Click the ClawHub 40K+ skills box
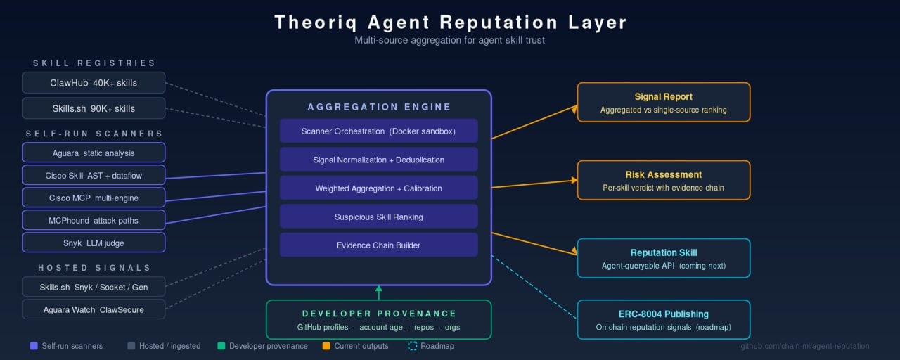pos(94,83)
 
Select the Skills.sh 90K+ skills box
pos(94,108)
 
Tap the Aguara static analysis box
pos(94,153)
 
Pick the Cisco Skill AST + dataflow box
pos(94,175)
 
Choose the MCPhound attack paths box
pos(94,220)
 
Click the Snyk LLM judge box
pos(94,243)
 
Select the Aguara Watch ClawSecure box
pos(94,309)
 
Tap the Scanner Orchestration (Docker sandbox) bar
pos(378,131)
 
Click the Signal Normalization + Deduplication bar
pos(378,160)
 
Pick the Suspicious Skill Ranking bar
pos(378,217)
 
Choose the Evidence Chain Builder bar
pos(378,245)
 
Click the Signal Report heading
pos(663,96)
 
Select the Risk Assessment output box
pos(663,180)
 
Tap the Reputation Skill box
pos(663,258)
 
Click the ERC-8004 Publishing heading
pos(663,314)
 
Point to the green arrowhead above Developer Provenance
pos(378,288)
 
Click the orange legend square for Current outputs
pos(326,346)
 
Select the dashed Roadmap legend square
pos(412,346)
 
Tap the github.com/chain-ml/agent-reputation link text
pos(804,346)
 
